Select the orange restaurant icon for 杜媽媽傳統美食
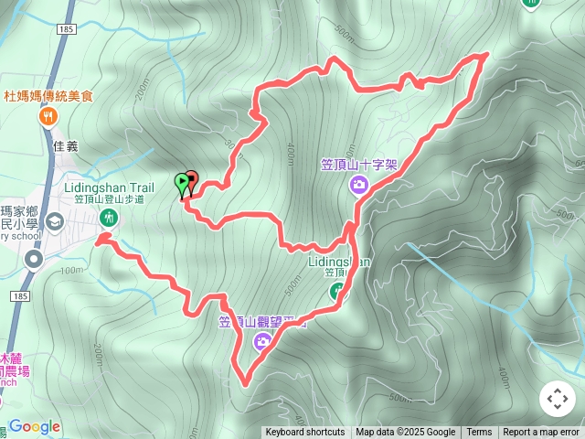(48, 116)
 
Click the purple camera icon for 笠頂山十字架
(358, 186)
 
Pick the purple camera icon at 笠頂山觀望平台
(262, 342)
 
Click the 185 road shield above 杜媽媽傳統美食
(65, 30)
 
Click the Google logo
(35, 426)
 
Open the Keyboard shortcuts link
(305, 433)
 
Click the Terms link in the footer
(479, 433)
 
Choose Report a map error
(541, 433)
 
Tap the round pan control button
(557, 399)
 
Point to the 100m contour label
(69, 270)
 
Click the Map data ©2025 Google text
(405, 433)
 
